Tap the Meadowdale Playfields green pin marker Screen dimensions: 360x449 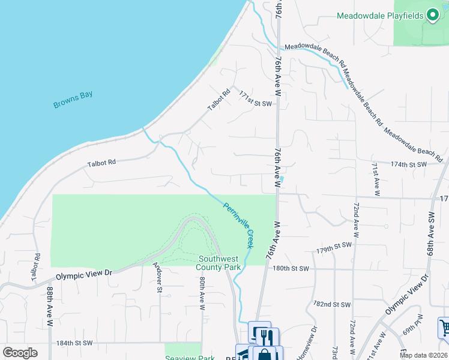pyautogui.click(x=432, y=16)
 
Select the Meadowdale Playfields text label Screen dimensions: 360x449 pyautogui.click(x=380, y=16)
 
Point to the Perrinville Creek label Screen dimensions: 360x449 pyautogui.click(x=240, y=224)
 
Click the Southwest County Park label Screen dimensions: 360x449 pyautogui.click(x=220, y=263)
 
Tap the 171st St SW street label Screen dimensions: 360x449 pyautogui.click(x=255, y=99)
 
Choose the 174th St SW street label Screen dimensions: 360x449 pyautogui.click(x=408, y=164)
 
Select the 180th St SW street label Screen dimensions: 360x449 pyautogui.click(x=290, y=269)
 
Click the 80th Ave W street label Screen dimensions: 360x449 pyautogui.click(x=202, y=293)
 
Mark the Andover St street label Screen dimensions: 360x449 pyautogui.click(x=157, y=278)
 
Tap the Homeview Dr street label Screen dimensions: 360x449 pyautogui.click(x=314, y=342)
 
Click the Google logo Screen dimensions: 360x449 pyautogui.click(x=20, y=353)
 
